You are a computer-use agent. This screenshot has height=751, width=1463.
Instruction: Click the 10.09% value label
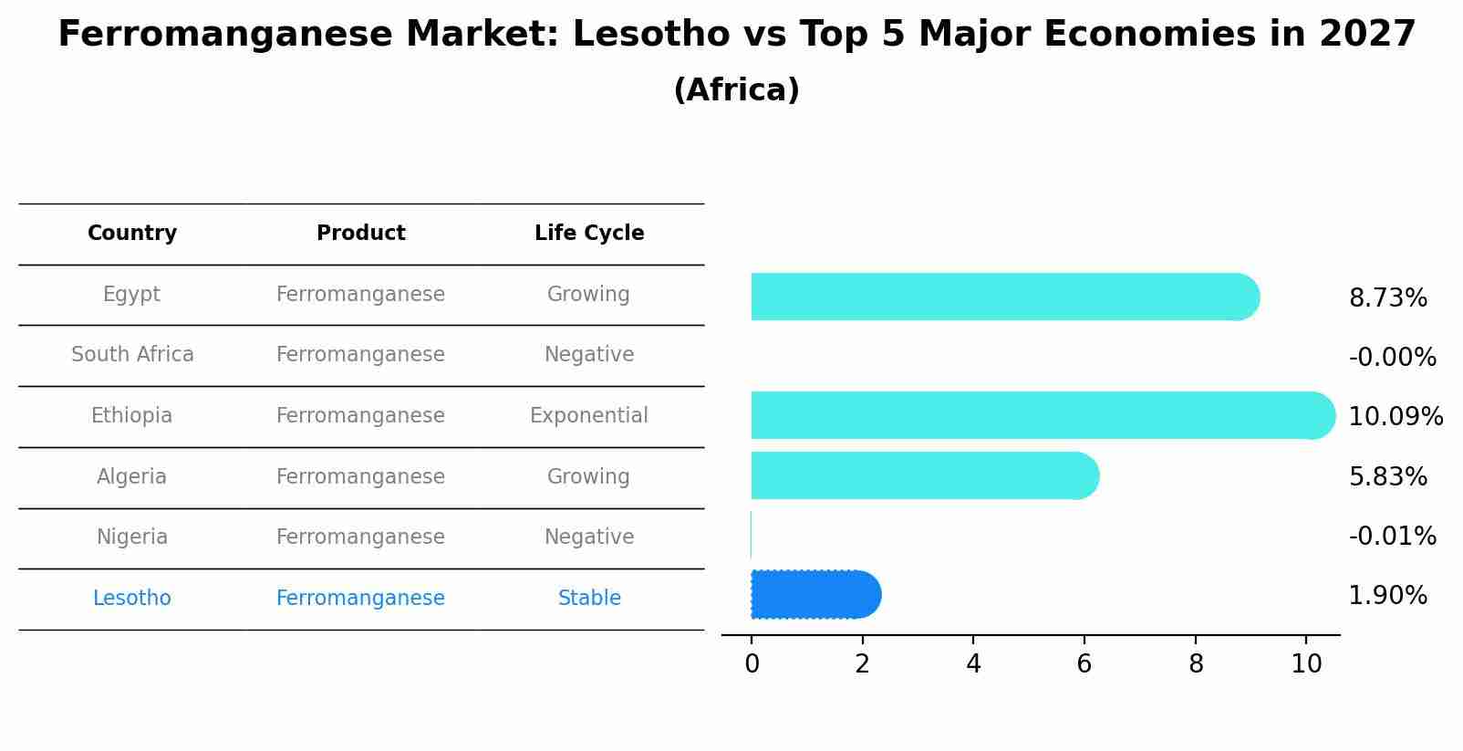(1395, 417)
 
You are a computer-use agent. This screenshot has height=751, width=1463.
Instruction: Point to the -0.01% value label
(1392, 537)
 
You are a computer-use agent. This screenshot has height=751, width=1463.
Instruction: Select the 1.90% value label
(1387, 596)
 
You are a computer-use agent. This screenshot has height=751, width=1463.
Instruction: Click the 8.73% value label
(1387, 298)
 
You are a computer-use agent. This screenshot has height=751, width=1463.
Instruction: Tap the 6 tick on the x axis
(1084, 664)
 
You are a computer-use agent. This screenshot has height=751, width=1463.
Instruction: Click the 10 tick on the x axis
(1306, 664)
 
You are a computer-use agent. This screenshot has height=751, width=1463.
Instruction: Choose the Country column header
(132, 234)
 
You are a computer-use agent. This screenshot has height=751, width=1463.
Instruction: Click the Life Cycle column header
(589, 234)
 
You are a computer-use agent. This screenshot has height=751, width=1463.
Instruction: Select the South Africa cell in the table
(132, 355)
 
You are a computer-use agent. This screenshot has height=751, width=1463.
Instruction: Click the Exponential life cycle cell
(589, 416)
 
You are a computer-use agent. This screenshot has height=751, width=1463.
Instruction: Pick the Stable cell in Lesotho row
(589, 599)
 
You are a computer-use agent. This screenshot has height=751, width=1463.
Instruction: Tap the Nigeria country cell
(132, 537)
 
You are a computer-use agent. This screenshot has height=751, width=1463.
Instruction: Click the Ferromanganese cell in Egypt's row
(360, 295)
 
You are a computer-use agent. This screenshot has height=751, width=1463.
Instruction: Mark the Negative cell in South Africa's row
(589, 355)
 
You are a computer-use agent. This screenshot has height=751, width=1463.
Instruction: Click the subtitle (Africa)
(736, 90)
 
